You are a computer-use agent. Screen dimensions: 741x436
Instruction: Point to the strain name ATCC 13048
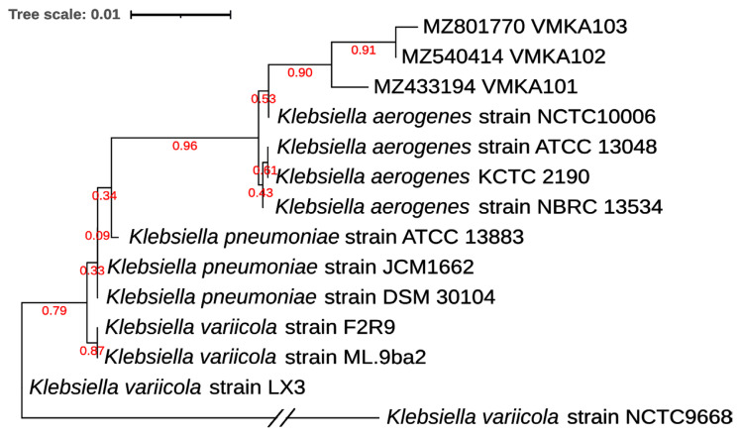pyautogui.click(x=593, y=148)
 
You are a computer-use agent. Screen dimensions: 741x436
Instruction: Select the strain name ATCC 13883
pyautogui.click(x=461, y=238)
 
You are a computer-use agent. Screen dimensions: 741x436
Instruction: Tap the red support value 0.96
pyautogui.click(x=185, y=147)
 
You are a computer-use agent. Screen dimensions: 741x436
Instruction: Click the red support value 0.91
pyautogui.click(x=365, y=50)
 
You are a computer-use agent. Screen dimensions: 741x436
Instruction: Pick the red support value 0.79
pyautogui.click(x=53, y=311)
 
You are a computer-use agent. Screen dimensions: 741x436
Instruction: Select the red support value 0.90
pyautogui.click(x=300, y=72)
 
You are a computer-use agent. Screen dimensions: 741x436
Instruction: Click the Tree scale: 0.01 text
pyautogui.click(x=62, y=16)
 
